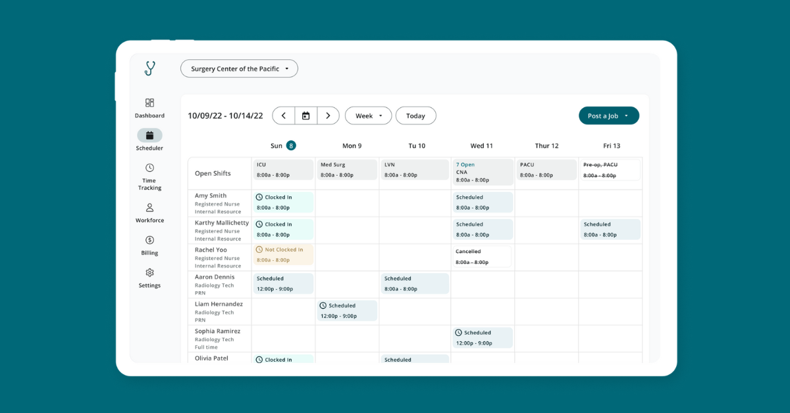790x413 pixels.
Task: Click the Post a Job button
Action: coord(608,116)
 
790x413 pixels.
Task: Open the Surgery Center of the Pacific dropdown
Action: coord(239,69)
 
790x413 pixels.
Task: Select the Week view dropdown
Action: coord(368,116)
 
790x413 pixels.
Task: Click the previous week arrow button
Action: coord(284,116)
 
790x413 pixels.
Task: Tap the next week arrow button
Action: coord(328,116)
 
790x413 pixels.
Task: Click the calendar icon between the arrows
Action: coord(306,116)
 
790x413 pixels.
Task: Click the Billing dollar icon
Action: coord(149,240)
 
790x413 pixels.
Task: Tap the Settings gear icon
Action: coord(149,273)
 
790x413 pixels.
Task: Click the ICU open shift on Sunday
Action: coord(283,170)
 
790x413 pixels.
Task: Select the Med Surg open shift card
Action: coord(348,170)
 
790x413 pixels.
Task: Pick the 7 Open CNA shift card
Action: coord(483,172)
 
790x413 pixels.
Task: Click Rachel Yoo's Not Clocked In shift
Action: coord(283,255)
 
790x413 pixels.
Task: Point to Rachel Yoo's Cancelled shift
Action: coord(483,256)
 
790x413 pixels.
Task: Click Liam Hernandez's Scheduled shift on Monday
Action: coord(348,311)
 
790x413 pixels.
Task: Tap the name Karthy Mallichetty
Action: coord(222,223)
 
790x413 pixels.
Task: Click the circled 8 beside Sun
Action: coord(291,146)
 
